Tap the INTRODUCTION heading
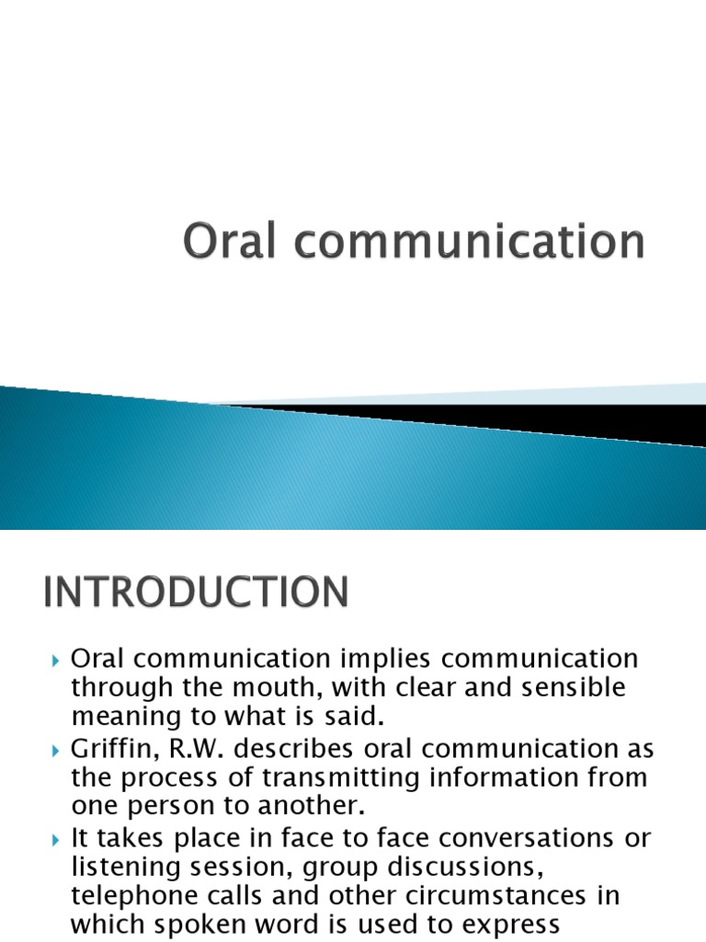(x=196, y=592)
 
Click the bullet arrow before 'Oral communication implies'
(x=54, y=660)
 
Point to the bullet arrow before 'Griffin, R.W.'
(x=54, y=750)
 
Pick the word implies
(x=391, y=659)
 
